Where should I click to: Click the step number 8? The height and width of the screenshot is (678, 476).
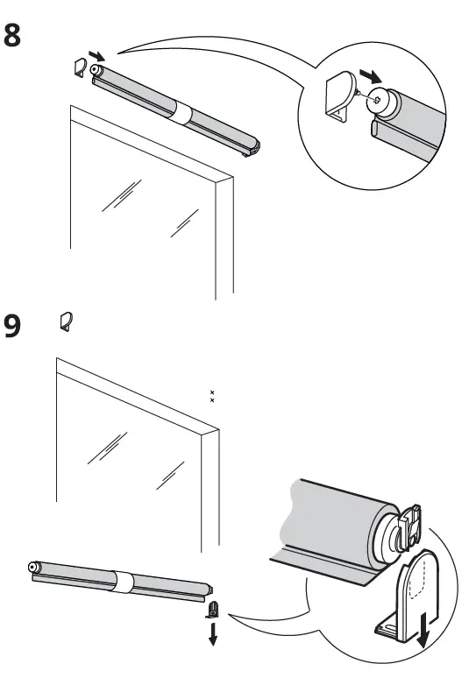[15, 38]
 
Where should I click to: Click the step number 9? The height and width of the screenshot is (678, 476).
[15, 326]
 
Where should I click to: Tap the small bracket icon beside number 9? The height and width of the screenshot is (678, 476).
[63, 321]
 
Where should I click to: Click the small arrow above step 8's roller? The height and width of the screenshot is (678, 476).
[98, 56]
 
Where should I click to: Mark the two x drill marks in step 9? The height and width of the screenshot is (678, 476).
[211, 396]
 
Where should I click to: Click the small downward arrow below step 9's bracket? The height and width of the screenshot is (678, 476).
[211, 633]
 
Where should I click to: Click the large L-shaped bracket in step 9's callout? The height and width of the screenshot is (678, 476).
[408, 604]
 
